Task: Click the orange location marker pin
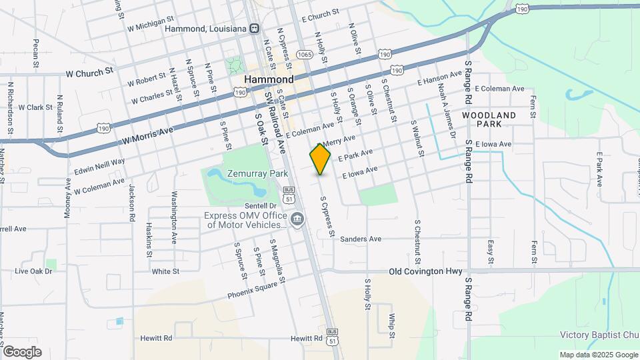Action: click(x=320, y=159)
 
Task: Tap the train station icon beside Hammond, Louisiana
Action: click(x=254, y=28)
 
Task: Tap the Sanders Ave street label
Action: click(x=360, y=239)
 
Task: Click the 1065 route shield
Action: click(x=305, y=55)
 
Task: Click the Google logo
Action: click(x=22, y=351)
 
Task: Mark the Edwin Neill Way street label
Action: click(x=99, y=166)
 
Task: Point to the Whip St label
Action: click(x=393, y=322)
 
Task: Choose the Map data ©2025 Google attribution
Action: click(x=599, y=355)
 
